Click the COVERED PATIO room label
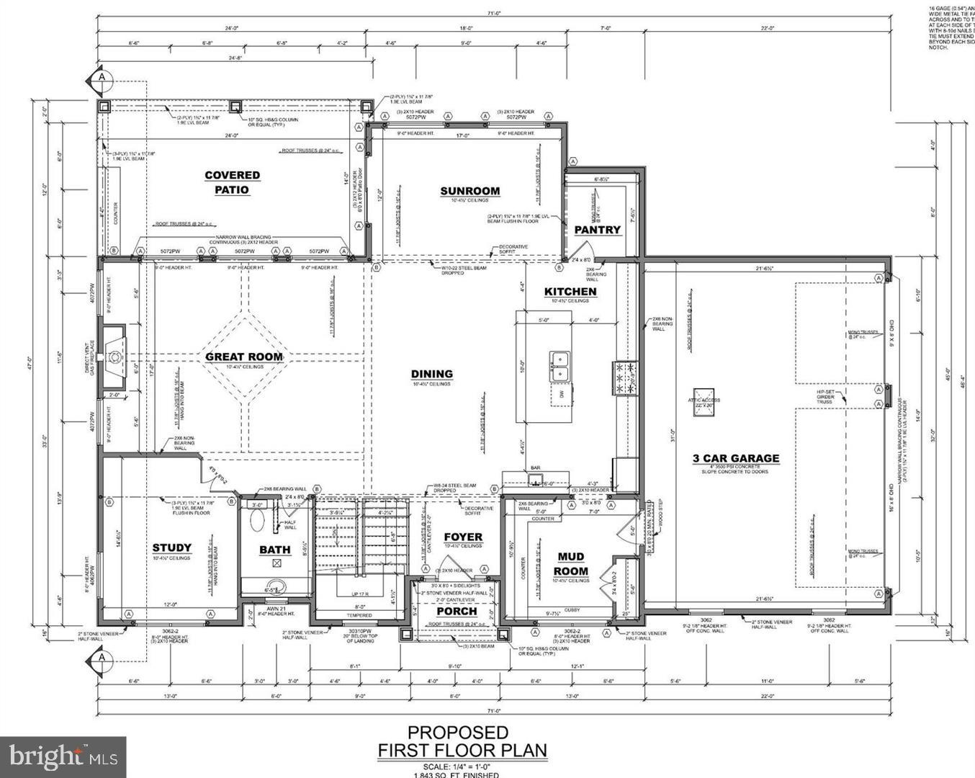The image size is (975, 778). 232,182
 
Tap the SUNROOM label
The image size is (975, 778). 469,191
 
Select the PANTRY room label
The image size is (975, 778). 597,230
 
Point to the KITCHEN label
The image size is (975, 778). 570,292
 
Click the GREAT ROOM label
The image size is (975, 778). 244,357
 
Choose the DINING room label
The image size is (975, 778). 431,374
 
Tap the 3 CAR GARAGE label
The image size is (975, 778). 735,458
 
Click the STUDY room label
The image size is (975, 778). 172,547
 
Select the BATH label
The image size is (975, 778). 275,550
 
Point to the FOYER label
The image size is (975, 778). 463,537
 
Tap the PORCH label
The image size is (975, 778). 457,612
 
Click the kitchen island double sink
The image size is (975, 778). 560,366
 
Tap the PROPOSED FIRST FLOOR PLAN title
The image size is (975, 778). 462,742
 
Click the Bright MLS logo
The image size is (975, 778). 63,757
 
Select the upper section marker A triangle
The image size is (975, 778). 102,76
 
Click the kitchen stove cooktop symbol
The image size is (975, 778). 624,378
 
